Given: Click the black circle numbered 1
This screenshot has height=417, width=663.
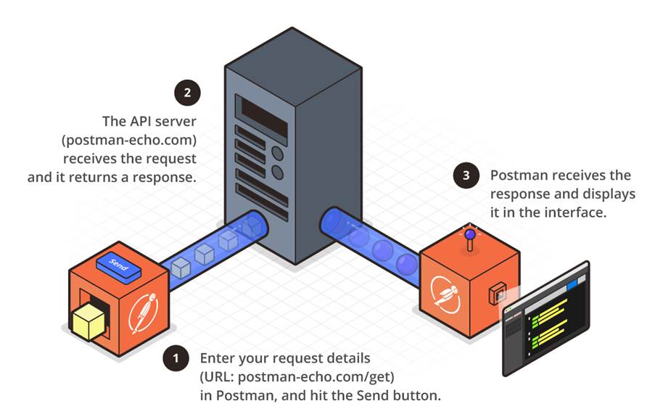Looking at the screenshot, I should click(x=174, y=358).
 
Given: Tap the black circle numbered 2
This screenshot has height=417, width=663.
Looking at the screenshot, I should click(x=188, y=92).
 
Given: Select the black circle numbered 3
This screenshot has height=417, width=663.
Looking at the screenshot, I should click(x=466, y=176).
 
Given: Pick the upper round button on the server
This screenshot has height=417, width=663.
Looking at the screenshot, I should click(x=276, y=153).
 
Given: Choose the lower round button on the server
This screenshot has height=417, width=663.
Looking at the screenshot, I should click(x=276, y=172).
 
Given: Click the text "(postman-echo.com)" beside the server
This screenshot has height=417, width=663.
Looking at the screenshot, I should click(x=130, y=137).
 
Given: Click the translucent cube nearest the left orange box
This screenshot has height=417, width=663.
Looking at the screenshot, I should click(x=180, y=269).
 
